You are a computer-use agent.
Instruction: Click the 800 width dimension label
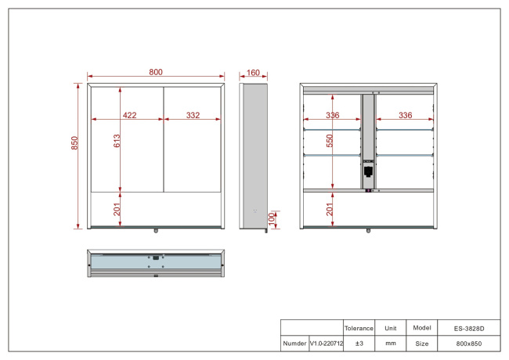pyautogui.click(x=156, y=72)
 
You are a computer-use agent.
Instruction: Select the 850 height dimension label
pyautogui.click(x=74, y=143)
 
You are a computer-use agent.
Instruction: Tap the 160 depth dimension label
pyautogui.click(x=253, y=73)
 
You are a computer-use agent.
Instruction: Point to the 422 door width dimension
pyautogui.click(x=129, y=115)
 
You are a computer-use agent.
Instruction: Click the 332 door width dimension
pyautogui.click(x=193, y=115)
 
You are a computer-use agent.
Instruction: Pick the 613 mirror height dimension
pyautogui.click(x=117, y=141)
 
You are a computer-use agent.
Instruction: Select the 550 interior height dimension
pyautogui.click(x=330, y=141)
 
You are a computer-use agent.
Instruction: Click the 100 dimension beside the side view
pyautogui.click(x=272, y=219)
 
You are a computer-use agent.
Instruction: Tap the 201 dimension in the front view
pyautogui.click(x=117, y=210)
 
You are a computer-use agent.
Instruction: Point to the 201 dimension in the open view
pyautogui.click(x=330, y=210)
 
